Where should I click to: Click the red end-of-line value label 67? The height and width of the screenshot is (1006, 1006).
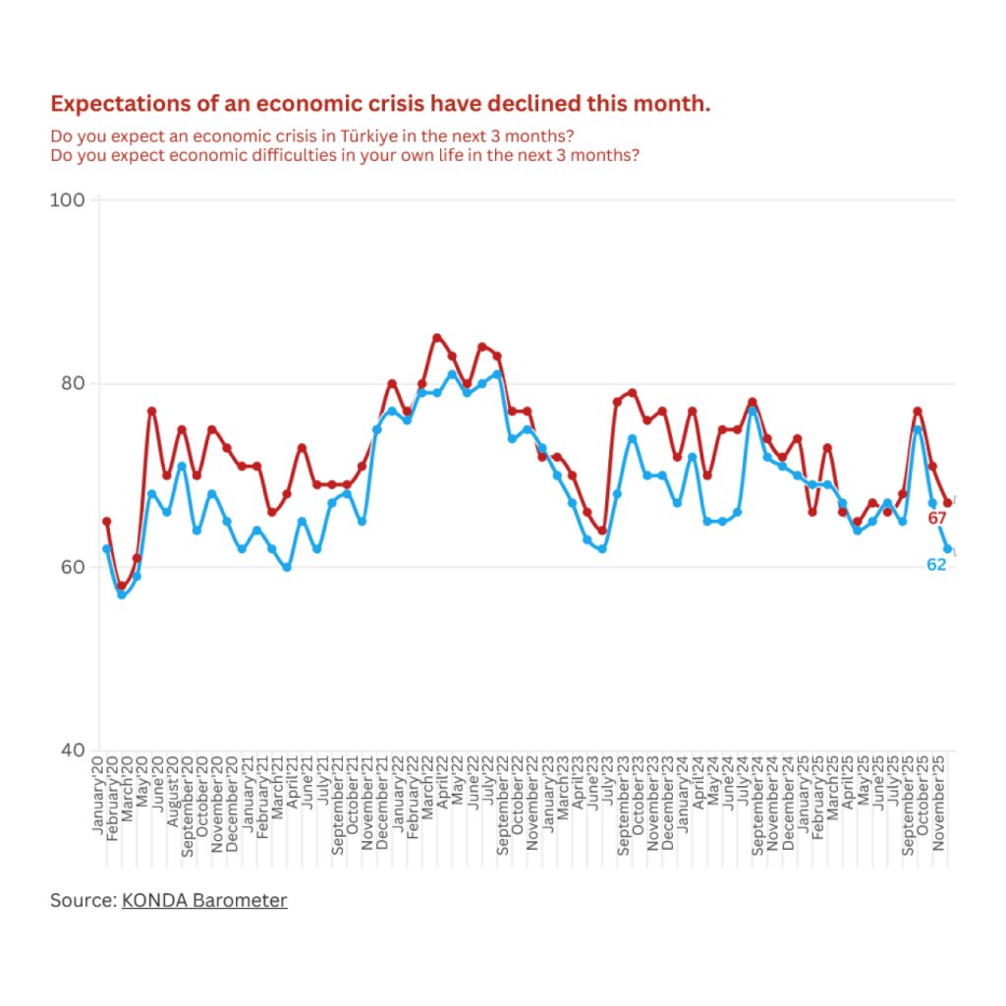pos(936,518)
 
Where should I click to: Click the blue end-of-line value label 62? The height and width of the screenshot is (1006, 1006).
pos(936,564)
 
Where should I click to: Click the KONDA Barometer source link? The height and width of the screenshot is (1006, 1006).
pos(204,900)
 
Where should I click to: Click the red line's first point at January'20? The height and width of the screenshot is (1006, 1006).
pos(106,522)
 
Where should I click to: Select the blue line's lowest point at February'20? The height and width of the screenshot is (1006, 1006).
pos(122,594)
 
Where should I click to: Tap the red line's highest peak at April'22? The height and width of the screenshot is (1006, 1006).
pos(437,338)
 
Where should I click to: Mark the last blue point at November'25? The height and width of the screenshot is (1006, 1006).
pos(948,549)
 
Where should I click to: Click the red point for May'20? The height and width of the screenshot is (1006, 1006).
pos(151,411)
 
